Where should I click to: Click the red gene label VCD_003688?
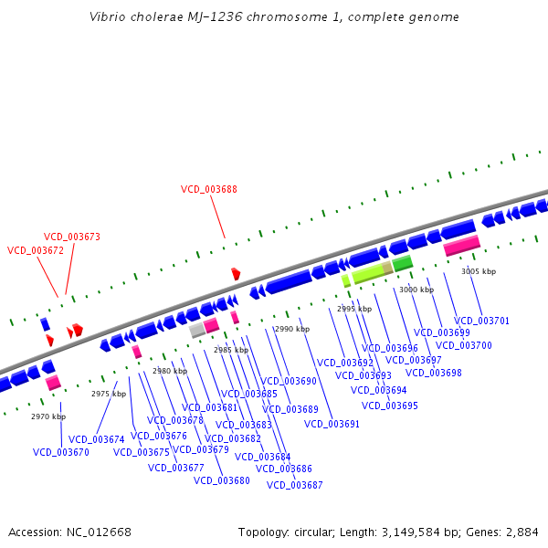(209, 189)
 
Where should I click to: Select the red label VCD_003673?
(72, 237)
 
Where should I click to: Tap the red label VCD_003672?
(36, 250)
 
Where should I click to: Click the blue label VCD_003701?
(482, 321)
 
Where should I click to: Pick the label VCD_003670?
(61, 452)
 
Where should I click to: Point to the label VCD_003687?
(295, 485)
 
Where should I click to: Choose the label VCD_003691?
(332, 424)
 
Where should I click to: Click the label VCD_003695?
(390, 406)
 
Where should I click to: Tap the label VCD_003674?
(96, 439)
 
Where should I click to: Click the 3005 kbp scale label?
(479, 271)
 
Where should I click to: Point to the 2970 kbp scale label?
(48, 416)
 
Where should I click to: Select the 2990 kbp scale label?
(292, 329)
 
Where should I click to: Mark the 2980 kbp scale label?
(170, 371)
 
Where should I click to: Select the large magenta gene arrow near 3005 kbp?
(461, 245)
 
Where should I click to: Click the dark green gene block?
(403, 263)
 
